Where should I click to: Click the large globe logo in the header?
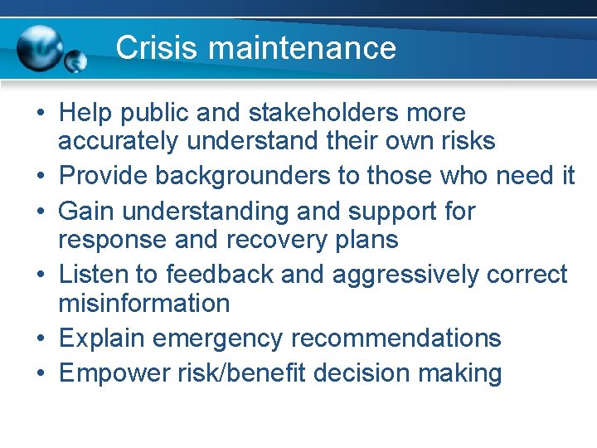coord(41,47)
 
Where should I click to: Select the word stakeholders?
coord(314,113)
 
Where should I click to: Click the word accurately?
coord(118,142)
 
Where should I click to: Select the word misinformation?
coord(143,304)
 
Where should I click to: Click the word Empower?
coord(113,373)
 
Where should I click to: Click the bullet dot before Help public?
coord(41,114)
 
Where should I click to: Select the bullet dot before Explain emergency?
coord(41,339)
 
